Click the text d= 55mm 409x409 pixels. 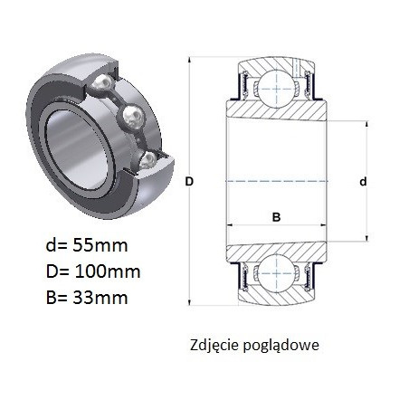[x=87, y=245]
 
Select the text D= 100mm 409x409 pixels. [x=93, y=271]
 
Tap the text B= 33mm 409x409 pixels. [x=87, y=298]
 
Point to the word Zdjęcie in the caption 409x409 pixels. [x=215, y=346]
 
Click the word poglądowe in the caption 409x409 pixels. [x=281, y=346]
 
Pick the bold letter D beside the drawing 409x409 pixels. [x=189, y=182]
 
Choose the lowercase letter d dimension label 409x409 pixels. [x=364, y=182]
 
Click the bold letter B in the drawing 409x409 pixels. [x=276, y=217]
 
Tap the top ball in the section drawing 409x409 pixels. [x=277, y=89]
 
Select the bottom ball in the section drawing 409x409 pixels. [x=277, y=273]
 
